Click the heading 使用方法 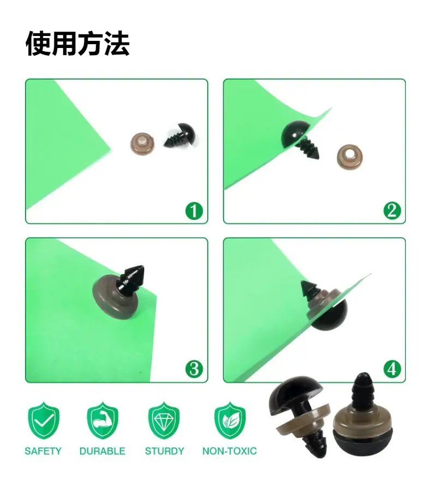(x=78, y=44)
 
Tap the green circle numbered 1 (x=194, y=211)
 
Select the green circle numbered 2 (x=392, y=211)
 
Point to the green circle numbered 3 (x=194, y=369)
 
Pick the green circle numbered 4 (x=392, y=369)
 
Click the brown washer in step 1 (x=142, y=143)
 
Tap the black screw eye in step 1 (x=180, y=136)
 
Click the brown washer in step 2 (x=350, y=157)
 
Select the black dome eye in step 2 (x=295, y=135)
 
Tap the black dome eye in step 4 (x=329, y=315)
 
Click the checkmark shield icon (x=44, y=421)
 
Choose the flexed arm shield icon (x=103, y=421)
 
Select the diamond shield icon (x=164, y=421)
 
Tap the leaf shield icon (x=230, y=421)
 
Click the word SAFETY (x=43, y=451)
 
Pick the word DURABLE (x=102, y=451)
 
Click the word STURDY (x=164, y=451)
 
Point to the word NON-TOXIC (x=230, y=451)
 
